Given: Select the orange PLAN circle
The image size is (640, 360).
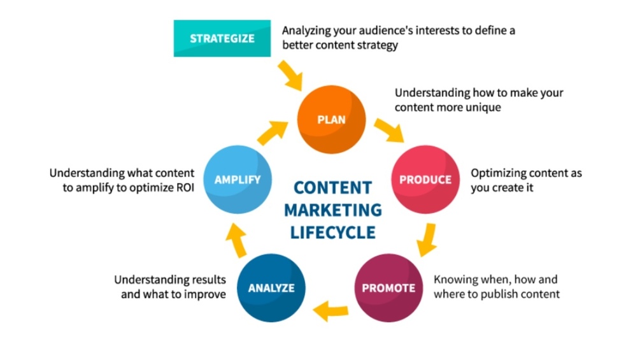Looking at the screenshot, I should (332, 120).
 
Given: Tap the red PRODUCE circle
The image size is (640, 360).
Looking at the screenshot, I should (425, 180).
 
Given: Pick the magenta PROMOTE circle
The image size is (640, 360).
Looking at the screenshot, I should (388, 288).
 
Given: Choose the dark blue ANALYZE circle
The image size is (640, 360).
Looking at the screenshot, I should (271, 288).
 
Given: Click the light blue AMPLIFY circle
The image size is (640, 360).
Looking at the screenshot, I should (237, 180).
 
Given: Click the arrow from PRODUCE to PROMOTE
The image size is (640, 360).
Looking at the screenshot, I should (426, 239).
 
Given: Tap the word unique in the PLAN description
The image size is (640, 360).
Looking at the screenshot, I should (482, 107).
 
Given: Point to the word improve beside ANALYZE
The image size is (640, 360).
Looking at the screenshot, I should (204, 294).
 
